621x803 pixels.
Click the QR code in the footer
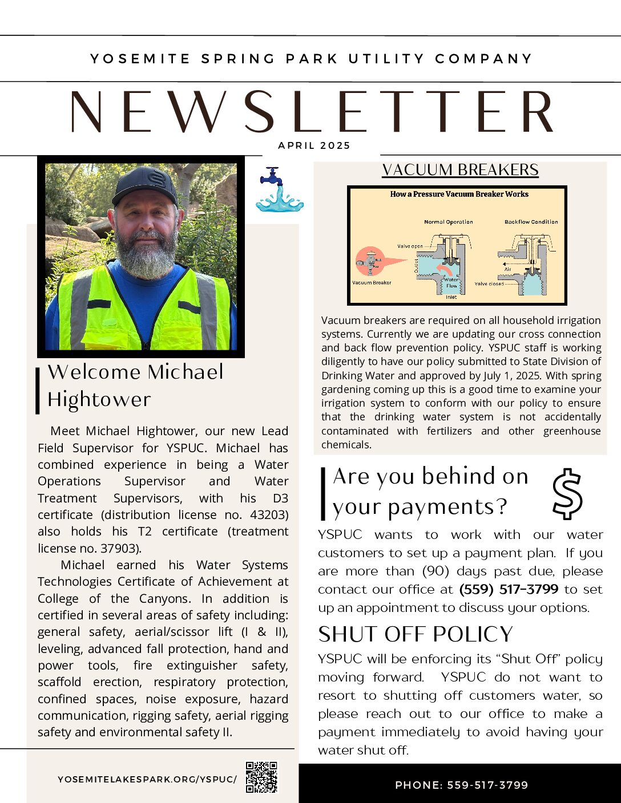pos(261,777)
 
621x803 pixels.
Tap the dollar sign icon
pos(567,494)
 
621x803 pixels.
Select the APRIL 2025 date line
pos(314,145)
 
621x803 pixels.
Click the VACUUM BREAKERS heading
pos(460,170)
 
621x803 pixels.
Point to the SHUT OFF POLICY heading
pos(416,634)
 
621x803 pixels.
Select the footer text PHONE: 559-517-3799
pos(461,785)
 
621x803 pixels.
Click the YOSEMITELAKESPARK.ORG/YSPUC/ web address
pos(147,779)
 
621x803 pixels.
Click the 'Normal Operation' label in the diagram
pos(448,222)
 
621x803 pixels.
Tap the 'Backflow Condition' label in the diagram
pos(531,222)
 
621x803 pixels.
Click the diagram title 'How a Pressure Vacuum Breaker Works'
pos(459,194)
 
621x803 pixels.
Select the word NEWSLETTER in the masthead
pos(312,112)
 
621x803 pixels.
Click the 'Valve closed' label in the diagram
pos(489,283)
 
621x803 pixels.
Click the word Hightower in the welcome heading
pos(99,399)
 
